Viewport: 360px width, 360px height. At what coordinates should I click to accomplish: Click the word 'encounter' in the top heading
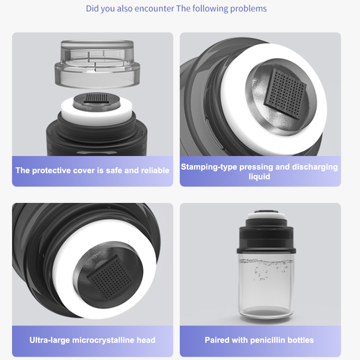pos(154,9)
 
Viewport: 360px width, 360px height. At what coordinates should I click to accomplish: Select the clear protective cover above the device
pos(97,64)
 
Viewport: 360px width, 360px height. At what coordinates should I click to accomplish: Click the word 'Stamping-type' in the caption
pos(209,167)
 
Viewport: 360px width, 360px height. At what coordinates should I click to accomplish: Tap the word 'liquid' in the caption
pos(260,176)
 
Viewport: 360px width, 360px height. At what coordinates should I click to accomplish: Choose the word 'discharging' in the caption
pos(315,167)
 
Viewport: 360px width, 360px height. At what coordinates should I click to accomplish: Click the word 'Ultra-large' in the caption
pos(49,340)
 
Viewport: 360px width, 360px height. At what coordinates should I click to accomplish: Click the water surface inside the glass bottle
pos(266,262)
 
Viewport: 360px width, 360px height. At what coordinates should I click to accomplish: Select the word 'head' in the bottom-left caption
pos(146,340)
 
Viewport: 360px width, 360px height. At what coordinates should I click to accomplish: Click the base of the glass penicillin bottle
pos(266,313)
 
